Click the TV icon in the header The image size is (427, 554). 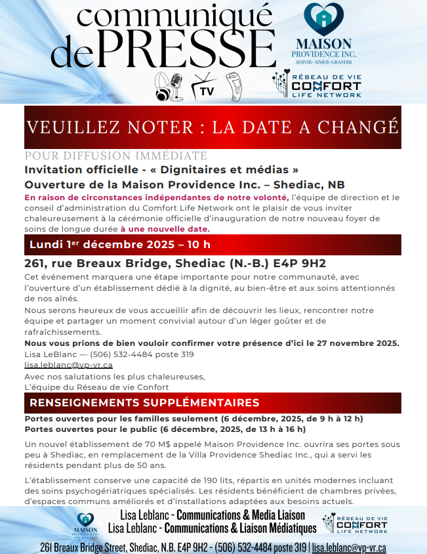tap(204, 85)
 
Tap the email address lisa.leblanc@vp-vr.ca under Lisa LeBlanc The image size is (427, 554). tap(68, 365)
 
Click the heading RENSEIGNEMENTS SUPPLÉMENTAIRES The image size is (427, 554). tap(144, 402)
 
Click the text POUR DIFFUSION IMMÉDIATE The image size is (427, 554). tap(115, 156)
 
